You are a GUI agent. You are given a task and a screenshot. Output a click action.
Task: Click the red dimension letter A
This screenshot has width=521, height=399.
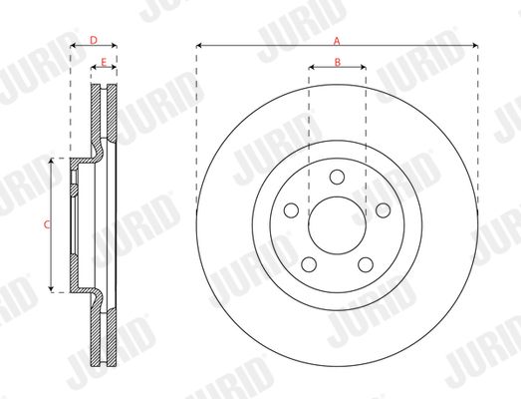(x=337, y=41)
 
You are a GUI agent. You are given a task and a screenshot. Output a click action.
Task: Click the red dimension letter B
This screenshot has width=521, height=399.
(x=338, y=62)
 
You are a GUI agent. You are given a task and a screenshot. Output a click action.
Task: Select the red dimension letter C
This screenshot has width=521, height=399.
(x=47, y=225)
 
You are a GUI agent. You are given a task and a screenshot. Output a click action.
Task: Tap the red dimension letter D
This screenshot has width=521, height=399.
(x=94, y=40)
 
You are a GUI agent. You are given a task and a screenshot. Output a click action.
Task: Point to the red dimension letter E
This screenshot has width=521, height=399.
(x=104, y=62)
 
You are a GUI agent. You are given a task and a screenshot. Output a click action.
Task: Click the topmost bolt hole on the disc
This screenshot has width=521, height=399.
(x=337, y=177)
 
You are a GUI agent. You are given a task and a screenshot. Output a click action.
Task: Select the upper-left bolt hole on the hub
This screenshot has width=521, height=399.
(x=291, y=210)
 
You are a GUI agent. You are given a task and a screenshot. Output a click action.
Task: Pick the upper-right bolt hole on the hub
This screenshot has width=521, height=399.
(x=384, y=210)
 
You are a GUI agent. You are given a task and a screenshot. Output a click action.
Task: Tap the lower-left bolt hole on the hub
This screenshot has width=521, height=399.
(x=309, y=264)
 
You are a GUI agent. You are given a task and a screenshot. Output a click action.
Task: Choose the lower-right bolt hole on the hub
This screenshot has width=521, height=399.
(x=366, y=264)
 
